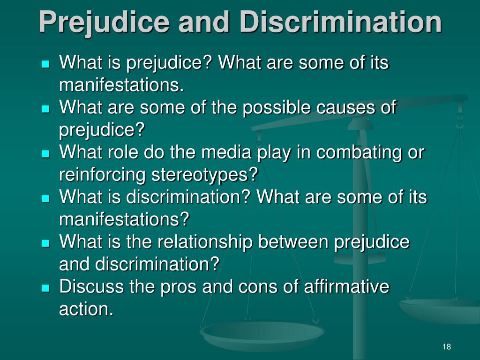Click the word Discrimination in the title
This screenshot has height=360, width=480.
(340, 22)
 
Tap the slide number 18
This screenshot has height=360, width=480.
(447, 346)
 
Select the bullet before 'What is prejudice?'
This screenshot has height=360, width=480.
(45, 64)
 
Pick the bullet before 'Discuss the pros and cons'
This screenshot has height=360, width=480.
(45, 288)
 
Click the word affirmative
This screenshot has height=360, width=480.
(346, 286)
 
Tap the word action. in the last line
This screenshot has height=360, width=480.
(86, 309)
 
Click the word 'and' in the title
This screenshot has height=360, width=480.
(204, 22)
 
